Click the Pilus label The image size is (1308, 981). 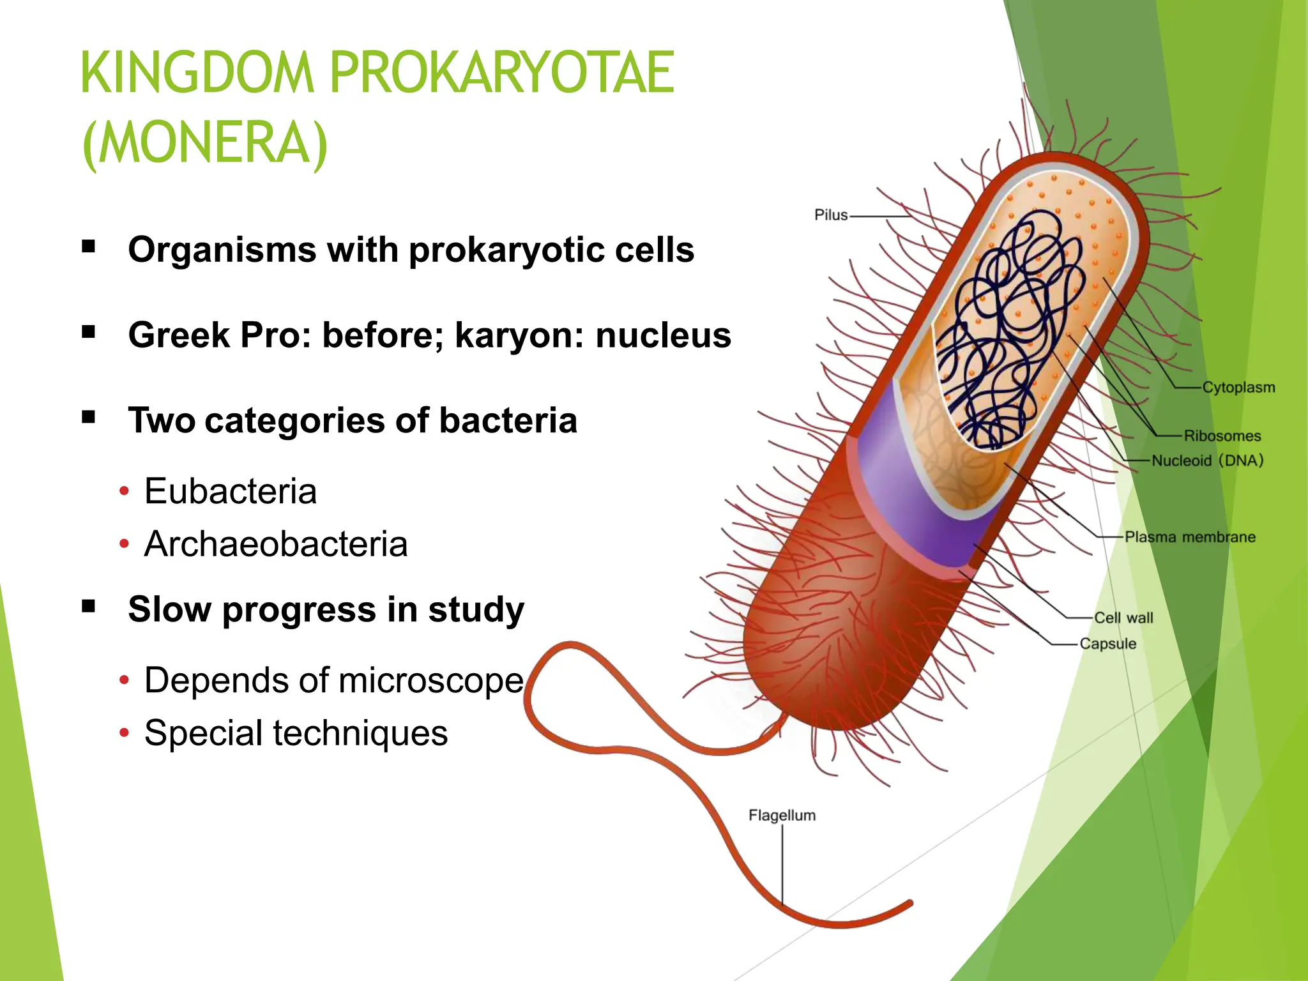830,215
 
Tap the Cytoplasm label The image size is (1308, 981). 1238,387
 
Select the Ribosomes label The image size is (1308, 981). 1222,436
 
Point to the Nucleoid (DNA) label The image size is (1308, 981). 1207,460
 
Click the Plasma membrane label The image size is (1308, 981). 1190,537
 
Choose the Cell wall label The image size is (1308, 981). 1123,618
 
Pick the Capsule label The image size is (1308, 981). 1108,644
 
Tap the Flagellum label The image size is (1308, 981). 782,816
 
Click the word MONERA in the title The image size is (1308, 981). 205,143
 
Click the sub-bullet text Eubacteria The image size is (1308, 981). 230,491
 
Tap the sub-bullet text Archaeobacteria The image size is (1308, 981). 275,544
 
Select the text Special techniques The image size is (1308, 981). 296,733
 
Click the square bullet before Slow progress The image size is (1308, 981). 89,605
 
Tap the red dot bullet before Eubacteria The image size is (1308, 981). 124,492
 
